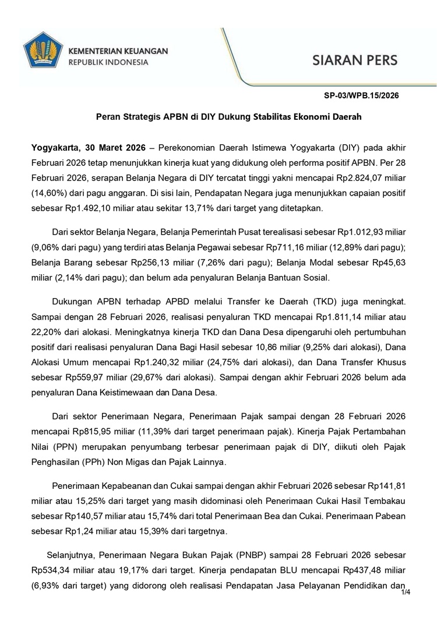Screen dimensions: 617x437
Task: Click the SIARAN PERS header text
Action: point(355,61)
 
